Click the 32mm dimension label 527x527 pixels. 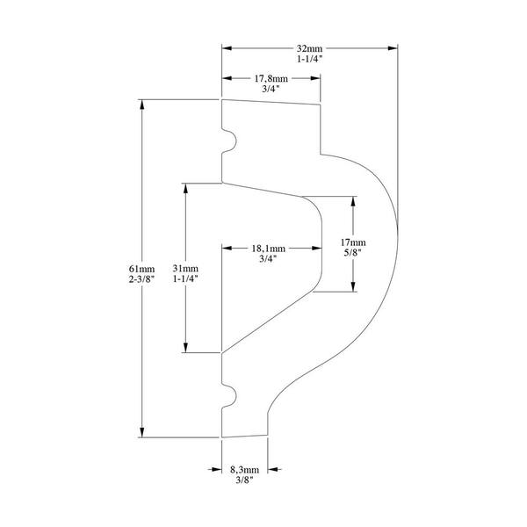[309, 48]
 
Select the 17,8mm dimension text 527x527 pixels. [271, 79]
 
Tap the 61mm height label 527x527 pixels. [141, 269]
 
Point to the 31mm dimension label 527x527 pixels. [185, 268]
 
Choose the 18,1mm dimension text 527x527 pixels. [269, 249]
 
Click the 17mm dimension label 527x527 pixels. [353, 242]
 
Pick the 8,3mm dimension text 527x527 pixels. [244, 470]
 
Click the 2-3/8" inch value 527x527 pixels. [141, 279]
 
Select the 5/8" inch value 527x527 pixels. [352, 252]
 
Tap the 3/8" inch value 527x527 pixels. [244, 480]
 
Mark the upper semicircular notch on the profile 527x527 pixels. [230, 141]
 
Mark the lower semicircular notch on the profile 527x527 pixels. [230, 396]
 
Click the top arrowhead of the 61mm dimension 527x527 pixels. [141, 105]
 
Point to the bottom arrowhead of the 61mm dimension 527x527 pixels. [141, 433]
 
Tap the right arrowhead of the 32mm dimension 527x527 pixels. [393, 48]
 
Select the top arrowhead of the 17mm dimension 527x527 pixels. [353, 201]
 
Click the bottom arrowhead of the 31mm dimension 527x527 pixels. [185, 348]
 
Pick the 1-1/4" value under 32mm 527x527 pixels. [309, 59]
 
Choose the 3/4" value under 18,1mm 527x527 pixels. [268, 259]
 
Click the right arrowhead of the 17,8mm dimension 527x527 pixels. [315, 78]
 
